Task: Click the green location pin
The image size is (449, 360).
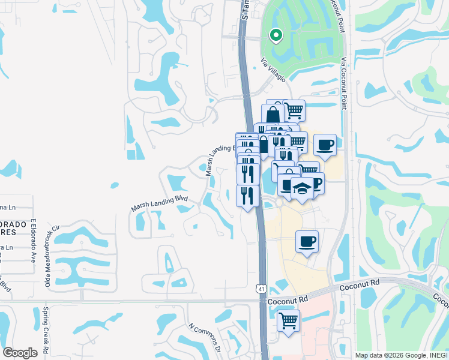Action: click(276, 36)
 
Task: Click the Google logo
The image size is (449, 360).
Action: click(20, 353)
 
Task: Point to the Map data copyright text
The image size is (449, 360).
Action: click(401, 355)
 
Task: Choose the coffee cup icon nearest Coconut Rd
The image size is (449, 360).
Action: click(307, 241)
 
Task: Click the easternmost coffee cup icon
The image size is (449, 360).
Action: click(325, 145)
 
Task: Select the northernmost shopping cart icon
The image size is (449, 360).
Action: click(294, 110)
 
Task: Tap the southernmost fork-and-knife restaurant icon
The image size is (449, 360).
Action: click(248, 195)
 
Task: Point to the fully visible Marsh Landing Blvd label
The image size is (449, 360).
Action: click(160, 203)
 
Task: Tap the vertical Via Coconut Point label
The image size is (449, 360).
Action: click(343, 83)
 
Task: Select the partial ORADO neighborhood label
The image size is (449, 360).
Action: click(14, 224)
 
